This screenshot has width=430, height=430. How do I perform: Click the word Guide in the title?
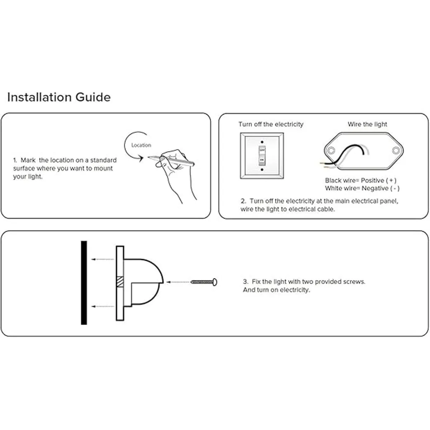point(93,97)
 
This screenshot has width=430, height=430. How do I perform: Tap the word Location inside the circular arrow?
point(141,145)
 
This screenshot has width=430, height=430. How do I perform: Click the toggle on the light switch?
point(262,156)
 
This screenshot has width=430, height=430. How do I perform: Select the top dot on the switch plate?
point(262,142)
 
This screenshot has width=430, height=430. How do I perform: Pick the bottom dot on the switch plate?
point(262,169)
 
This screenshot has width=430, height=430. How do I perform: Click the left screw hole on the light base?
point(331,150)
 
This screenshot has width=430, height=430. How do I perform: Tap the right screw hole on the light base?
point(396,150)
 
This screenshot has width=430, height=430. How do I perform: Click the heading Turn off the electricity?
point(271,124)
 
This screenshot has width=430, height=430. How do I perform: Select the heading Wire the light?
point(367,124)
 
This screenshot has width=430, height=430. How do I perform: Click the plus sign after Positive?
point(391,180)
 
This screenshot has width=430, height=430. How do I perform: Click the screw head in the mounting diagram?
point(215,282)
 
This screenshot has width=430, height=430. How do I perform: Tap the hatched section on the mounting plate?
point(120,282)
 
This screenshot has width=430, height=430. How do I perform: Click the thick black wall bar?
point(84,283)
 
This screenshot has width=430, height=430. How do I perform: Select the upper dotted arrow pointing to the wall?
point(103,259)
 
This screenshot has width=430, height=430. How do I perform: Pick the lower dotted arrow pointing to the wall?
point(103,306)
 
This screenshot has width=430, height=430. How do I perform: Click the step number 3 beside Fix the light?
point(245,282)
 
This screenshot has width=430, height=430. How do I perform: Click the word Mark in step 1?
point(28,160)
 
